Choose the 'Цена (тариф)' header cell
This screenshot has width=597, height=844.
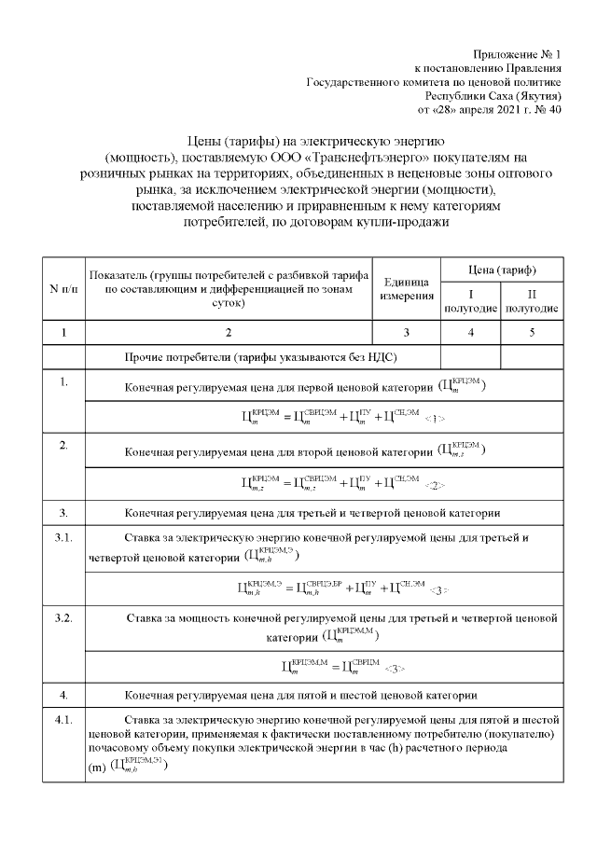501,270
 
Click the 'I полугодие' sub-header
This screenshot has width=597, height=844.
470,300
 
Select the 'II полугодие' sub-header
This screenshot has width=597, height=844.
532,300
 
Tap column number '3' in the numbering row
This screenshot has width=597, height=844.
406,332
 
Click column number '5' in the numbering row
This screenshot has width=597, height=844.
532,332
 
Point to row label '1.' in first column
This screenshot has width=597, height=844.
63,381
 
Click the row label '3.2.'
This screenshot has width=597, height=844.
63,617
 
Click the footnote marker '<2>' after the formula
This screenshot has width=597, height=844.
435,485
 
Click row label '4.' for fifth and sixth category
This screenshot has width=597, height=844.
63,695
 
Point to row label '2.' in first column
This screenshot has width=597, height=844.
63,445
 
